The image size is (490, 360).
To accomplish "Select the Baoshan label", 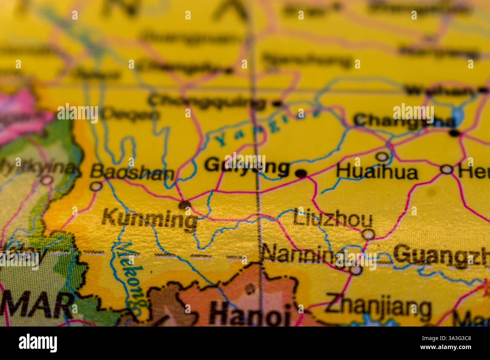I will [x=132, y=173].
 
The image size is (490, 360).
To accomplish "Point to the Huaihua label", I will [x=377, y=172].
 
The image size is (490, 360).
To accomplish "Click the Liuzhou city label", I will [x=332, y=220].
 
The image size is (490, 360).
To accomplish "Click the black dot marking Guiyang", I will [x=301, y=173].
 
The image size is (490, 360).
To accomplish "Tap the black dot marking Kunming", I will [x=185, y=205].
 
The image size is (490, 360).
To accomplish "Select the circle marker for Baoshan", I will [x=97, y=186].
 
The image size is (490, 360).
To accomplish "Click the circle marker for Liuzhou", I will [x=368, y=235].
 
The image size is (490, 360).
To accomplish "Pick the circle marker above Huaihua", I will [x=383, y=156].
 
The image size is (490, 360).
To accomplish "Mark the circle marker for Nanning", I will [x=356, y=270].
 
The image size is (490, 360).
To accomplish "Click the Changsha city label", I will [x=403, y=121].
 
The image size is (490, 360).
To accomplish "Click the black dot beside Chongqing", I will [x=277, y=103].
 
